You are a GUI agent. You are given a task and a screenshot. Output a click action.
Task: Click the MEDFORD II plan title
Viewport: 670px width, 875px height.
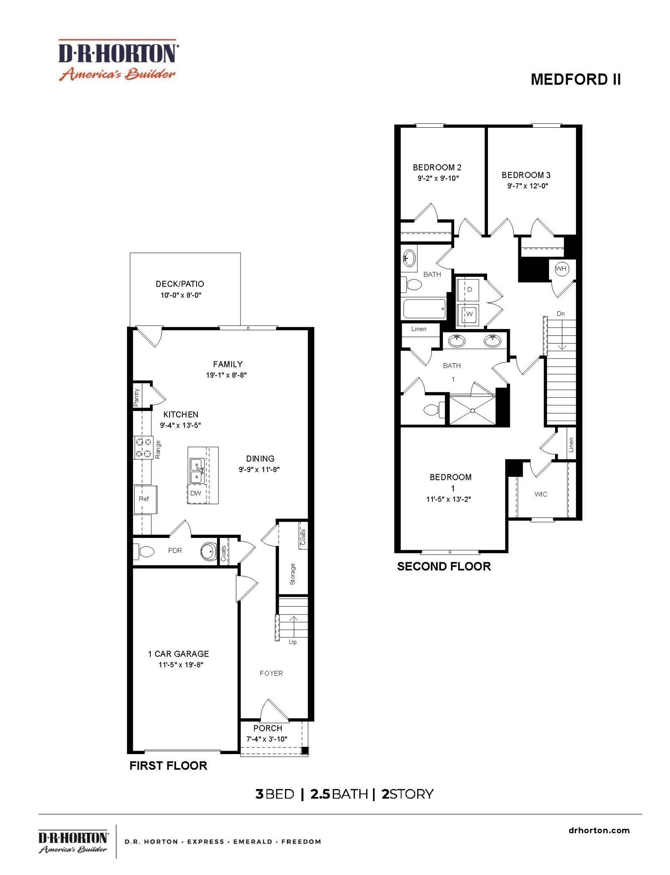pyautogui.click(x=575, y=79)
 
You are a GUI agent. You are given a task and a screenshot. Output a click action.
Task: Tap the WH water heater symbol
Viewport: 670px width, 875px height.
pyautogui.click(x=561, y=269)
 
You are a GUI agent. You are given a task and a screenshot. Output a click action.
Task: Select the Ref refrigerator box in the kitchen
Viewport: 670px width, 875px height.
pyautogui.click(x=144, y=499)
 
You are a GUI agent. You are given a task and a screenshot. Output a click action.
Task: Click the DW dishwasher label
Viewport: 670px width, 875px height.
pyautogui.click(x=196, y=493)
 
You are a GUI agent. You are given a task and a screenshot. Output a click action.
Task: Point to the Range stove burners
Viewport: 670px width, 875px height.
pyautogui.click(x=144, y=447)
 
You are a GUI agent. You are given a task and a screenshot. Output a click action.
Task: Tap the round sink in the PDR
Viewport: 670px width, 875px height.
pyautogui.click(x=209, y=551)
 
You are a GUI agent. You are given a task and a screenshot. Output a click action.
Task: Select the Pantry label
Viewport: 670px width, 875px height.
pyautogui.click(x=136, y=397)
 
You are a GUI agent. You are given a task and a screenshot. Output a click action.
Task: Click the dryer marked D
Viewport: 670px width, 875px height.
pyautogui.click(x=469, y=290)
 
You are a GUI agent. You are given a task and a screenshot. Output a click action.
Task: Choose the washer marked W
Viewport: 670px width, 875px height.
pyautogui.click(x=469, y=314)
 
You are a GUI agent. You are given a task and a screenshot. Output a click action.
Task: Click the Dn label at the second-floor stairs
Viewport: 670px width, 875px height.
pyautogui.click(x=561, y=314)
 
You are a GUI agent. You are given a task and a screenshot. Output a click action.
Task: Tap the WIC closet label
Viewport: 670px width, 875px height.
pyautogui.click(x=541, y=494)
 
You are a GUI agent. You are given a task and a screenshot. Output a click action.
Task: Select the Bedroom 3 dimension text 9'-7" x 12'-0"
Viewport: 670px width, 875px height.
pyautogui.click(x=527, y=186)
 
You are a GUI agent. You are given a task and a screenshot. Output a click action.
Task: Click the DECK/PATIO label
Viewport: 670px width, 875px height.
pyautogui.click(x=179, y=284)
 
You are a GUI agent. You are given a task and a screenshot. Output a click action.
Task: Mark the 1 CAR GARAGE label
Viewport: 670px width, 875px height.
pyautogui.click(x=178, y=654)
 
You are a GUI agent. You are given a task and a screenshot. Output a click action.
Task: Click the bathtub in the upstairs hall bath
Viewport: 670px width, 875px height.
pyautogui.click(x=424, y=308)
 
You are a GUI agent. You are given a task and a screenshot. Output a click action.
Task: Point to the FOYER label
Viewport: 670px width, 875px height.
pyautogui.click(x=271, y=673)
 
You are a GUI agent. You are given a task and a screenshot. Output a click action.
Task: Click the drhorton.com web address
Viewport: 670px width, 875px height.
pyautogui.click(x=599, y=831)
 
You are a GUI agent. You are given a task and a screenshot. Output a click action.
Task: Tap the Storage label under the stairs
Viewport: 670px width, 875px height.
pyautogui.click(x=293, y=574)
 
